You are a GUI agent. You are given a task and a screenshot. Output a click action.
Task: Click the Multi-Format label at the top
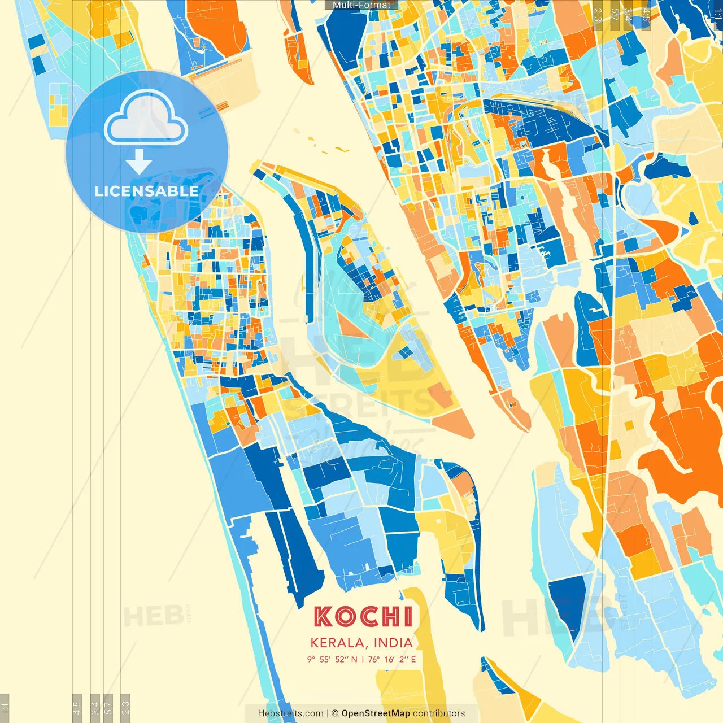pos(361,5)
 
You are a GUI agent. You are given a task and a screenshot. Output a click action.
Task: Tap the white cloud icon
pos(146,119)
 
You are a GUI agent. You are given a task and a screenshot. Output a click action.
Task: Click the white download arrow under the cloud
pos(139,162)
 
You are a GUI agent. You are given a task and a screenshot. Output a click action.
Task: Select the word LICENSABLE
pos(147,191)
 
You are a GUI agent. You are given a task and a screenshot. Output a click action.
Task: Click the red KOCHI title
pos(363,617)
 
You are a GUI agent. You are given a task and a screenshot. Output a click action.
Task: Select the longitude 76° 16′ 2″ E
pos(392,659)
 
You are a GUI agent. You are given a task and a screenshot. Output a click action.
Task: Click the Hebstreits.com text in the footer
pos(291,713)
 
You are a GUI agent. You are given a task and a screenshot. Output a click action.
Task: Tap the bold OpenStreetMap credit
pos(376,713)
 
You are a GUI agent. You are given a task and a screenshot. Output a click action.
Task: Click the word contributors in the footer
pos(439,713)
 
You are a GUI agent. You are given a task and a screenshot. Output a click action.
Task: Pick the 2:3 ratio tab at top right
pos(598,15)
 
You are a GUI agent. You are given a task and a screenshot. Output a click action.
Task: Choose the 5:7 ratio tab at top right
pos(615,15)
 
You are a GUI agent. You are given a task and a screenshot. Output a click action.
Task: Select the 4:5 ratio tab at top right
pos(646,15)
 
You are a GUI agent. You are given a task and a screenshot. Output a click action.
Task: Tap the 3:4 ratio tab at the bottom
pos(95,707)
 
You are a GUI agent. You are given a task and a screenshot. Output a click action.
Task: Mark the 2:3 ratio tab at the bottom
pos(125,707)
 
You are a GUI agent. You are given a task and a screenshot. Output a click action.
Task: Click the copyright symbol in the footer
pos(335,713)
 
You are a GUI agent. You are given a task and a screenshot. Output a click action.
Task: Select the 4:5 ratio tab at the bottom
pos(77,707)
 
